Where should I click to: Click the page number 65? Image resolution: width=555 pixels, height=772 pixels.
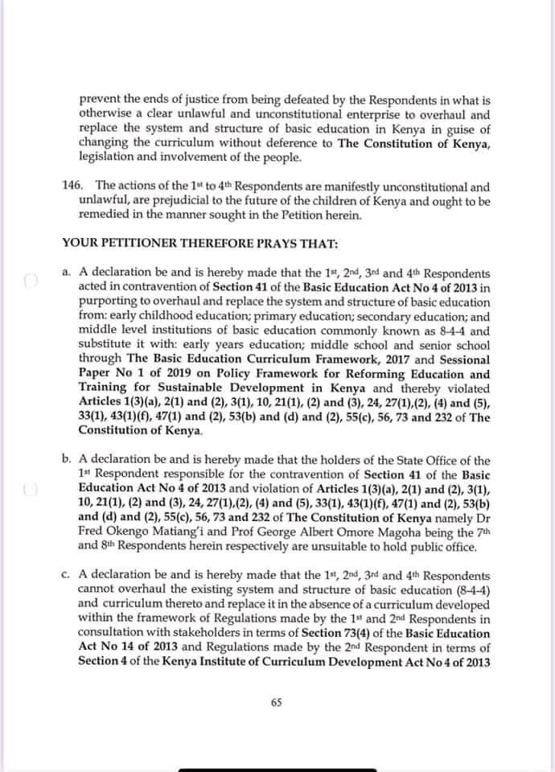tap(277, 702)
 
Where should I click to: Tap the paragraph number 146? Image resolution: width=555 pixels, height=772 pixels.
tap(72, 186)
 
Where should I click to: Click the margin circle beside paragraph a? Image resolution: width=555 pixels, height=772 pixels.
tap(31, 281)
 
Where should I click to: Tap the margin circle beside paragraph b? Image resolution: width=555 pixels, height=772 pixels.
tap(31, 489)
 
